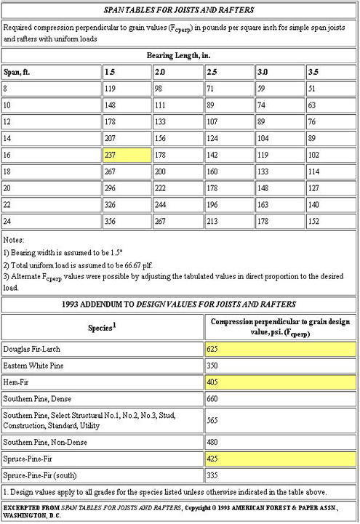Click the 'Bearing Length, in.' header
point(179,55)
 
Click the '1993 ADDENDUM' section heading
point(179,302)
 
